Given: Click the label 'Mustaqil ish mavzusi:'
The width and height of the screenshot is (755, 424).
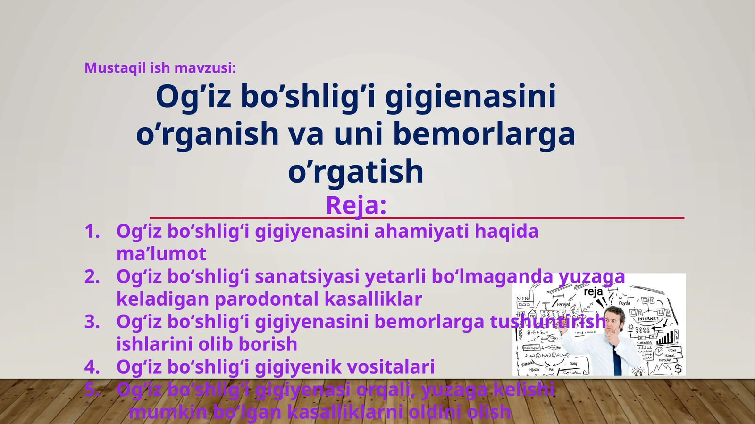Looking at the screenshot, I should [160, 68].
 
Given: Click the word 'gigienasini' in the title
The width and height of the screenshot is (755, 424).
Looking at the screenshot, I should [470, 97].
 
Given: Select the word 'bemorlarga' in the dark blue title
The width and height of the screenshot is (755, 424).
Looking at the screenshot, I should [484, 134].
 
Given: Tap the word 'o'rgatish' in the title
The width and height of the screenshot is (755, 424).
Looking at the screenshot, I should [356, 171].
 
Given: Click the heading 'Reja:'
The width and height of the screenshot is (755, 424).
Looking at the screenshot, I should [356, 205].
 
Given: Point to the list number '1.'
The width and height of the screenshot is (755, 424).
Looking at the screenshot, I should [92, 232].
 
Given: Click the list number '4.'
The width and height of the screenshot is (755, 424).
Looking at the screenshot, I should [92, 367].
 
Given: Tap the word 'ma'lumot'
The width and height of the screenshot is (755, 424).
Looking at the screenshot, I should [161, 254].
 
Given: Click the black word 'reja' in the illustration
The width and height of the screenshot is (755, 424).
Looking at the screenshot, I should [593, 291].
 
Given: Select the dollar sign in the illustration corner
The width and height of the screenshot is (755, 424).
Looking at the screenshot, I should [678, 368].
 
